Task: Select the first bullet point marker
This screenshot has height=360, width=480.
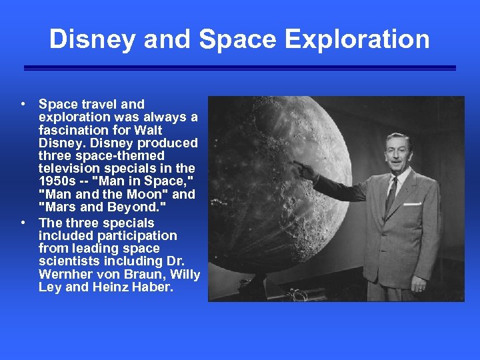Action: (x=23, y=104)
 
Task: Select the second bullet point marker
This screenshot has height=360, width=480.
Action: (x=23, y=223)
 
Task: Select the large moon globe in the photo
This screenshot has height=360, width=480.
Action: (x=280, y=187)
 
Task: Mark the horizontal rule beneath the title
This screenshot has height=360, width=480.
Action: (x=239, y=68)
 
